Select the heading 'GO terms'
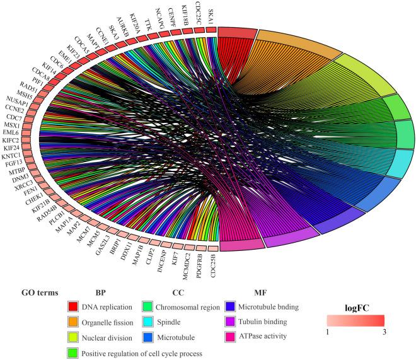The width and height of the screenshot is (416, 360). [40, 293]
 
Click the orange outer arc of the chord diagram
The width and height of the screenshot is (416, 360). [296, 44]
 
